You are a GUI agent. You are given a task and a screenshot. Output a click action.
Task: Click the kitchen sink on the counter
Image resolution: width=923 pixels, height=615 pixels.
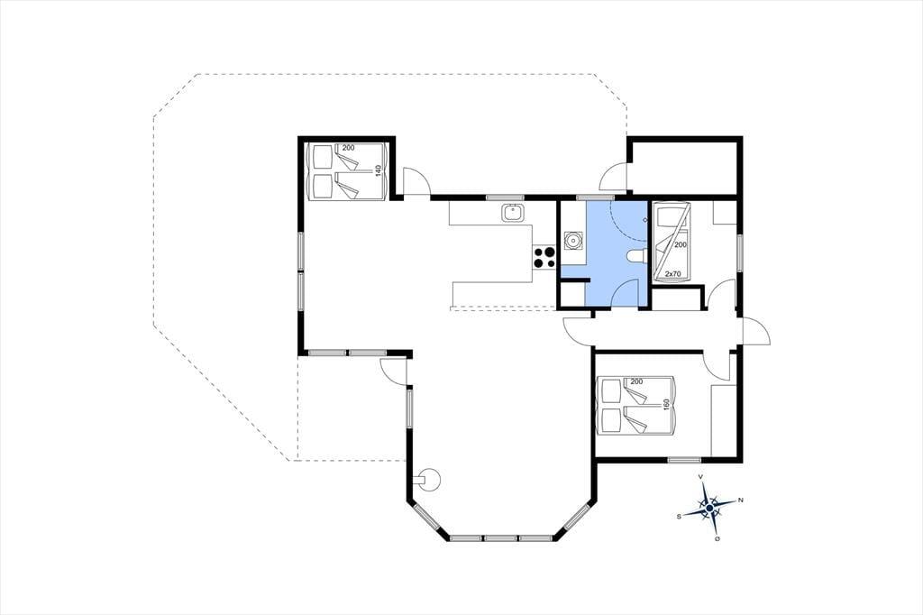(513, 213)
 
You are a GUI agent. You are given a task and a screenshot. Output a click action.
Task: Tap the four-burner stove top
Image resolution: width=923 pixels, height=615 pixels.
(544, 257)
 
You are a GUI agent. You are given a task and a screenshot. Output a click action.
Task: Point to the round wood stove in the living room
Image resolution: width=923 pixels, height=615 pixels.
(429, 479)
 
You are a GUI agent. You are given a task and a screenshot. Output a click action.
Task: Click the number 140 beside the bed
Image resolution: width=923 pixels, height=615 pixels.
(378, 170)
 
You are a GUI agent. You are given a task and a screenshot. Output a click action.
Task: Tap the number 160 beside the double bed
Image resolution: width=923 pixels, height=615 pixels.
(667, 405)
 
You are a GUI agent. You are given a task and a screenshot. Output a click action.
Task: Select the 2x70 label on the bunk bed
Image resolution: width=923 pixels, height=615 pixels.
(672, 274)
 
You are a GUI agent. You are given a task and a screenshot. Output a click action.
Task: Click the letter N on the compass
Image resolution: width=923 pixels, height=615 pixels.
(741, 500)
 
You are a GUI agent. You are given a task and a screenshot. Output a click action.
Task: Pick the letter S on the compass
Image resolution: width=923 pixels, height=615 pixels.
(680, 517)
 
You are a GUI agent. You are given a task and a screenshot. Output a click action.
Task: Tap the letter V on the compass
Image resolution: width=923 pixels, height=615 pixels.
(699, 476)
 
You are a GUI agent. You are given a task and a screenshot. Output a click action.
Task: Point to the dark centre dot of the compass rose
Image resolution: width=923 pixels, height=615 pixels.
(710, 508)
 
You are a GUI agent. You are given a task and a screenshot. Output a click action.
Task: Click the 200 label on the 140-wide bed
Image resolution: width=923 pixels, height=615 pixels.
(349, 148)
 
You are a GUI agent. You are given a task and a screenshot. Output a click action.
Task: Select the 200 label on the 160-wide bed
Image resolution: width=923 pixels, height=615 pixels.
(636, 381)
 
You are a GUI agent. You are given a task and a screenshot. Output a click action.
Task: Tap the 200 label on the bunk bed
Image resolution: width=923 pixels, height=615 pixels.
(681, 244)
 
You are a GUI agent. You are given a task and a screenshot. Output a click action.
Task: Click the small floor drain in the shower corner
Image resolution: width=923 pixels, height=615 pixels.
(644, 220)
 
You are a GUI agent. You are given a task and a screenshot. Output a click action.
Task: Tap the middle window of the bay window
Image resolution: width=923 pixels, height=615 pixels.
(500, 537)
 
